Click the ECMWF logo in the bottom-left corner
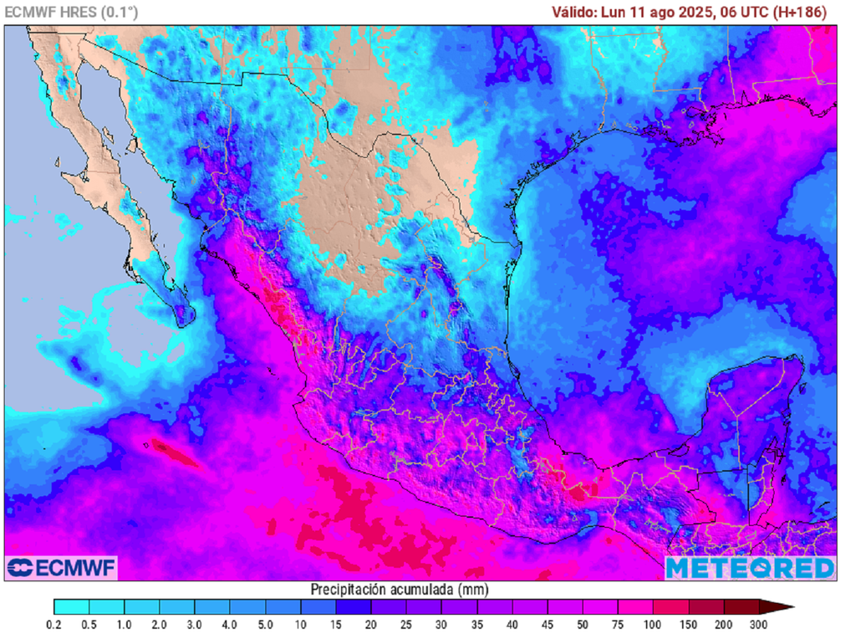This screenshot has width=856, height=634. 61,567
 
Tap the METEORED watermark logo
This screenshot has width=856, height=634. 750,568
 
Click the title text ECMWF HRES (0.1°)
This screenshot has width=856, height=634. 72,12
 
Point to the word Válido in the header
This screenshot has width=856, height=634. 574,12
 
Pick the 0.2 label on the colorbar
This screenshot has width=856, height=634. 54,624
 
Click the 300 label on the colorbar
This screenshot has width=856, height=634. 758,624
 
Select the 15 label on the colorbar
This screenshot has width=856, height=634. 336,624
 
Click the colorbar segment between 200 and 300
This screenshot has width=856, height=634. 741,606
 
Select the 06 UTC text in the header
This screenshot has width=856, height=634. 747,12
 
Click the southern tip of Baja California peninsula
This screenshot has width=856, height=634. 186,319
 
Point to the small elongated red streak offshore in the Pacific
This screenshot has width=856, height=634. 173,452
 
